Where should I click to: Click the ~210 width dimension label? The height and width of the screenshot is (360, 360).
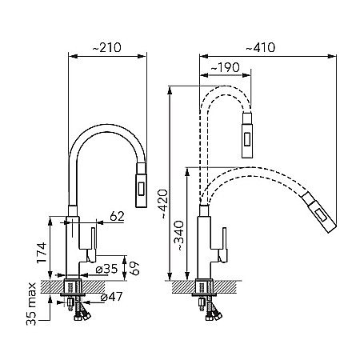[106, 47]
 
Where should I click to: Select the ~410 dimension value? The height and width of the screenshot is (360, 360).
[260, 47]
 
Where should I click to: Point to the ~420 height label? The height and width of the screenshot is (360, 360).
[162, 203]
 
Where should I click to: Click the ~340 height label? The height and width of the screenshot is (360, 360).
[178, 235]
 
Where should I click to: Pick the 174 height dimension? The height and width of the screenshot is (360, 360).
[42, 253]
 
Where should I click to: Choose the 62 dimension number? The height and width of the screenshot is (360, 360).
[117, 216]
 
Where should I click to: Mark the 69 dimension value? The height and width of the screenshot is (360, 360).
[134, 269]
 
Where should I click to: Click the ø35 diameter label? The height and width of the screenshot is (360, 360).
[106, 269]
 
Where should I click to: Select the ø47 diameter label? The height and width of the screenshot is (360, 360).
[111, 297]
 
